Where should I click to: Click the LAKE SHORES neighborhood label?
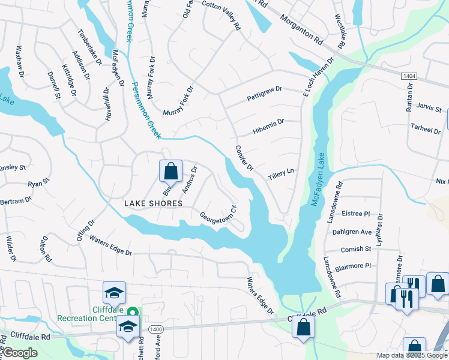153,203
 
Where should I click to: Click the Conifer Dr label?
244,157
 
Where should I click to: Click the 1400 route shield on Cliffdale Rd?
156,329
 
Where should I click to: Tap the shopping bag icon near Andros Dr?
170,171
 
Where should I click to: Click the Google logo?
20,353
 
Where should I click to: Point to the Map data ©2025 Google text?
412,355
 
